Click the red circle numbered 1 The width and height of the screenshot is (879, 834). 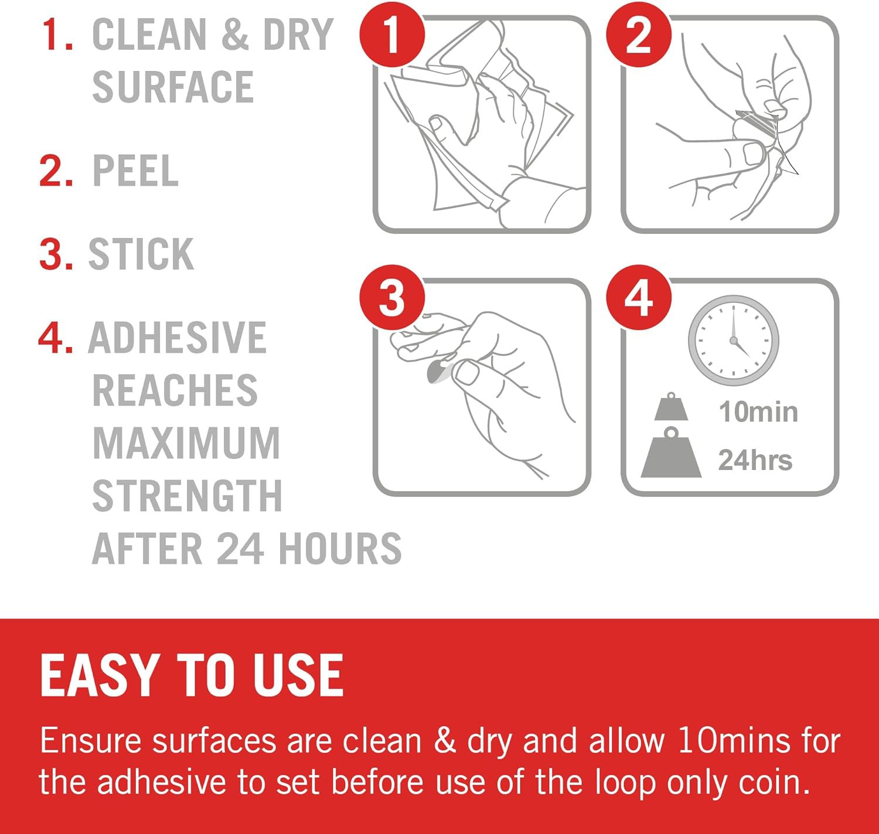point(392,35)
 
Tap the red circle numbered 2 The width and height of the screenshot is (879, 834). point(639,35)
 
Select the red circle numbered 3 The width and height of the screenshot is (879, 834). point(392,297)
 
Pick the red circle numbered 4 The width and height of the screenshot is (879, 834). point(639,297)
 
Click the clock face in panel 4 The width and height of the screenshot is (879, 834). point(733,341)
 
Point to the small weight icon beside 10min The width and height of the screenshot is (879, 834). point(671,407)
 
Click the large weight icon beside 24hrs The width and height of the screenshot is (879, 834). point(671,452)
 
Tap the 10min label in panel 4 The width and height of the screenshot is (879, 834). point(758,411)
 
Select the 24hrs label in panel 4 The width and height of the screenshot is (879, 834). point(755,459)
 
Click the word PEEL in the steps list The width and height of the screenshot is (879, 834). point(135,170)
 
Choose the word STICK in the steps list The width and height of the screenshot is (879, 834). point(141,254)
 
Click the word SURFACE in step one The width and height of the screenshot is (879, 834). point(173,86)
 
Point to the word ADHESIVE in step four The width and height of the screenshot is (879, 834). point(178,337)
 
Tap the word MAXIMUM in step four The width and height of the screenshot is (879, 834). point(186,442)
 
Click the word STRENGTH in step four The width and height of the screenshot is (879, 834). point(188,495)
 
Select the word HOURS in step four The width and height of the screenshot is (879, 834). point(340,548)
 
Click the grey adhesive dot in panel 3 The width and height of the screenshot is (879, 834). point(438,372)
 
